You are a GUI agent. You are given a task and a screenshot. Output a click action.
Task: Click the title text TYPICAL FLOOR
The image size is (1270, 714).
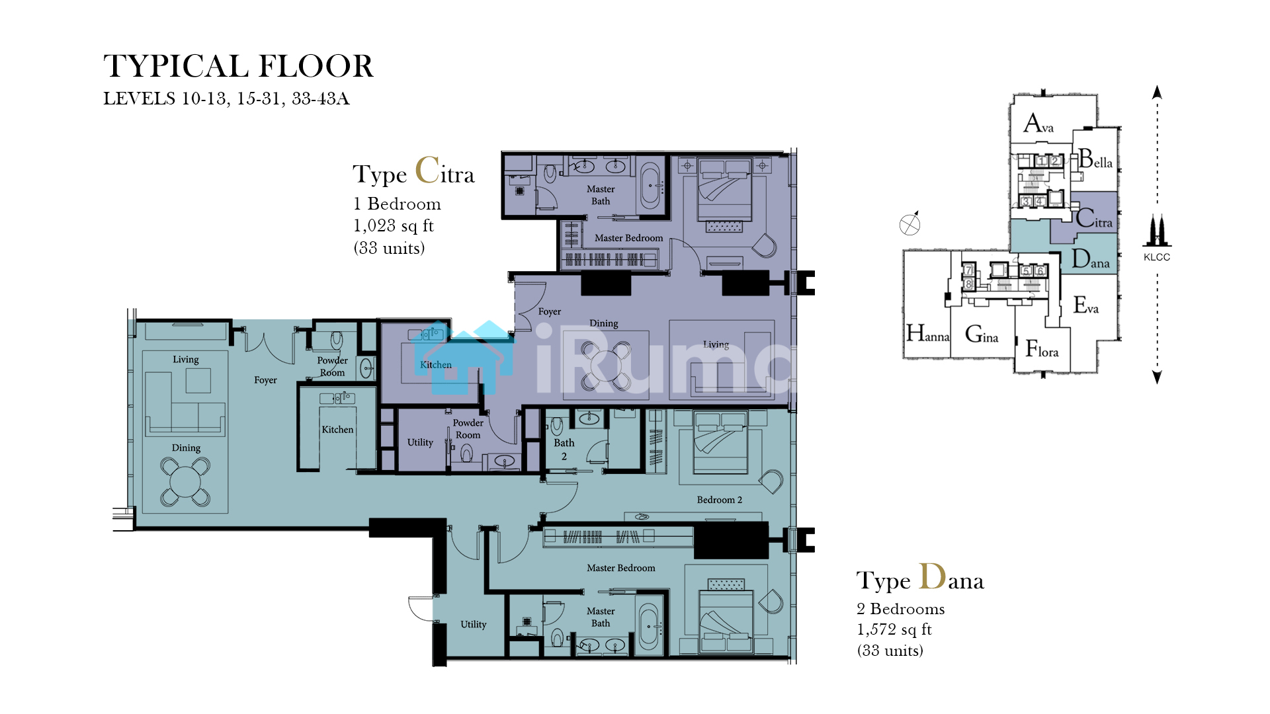[238, 66]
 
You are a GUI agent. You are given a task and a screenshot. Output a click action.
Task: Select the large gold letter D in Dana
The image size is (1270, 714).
[933, 576]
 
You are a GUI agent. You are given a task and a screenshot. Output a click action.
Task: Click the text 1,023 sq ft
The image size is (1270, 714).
[393, 226]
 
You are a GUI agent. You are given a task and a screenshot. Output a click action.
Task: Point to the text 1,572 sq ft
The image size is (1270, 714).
[894, 629]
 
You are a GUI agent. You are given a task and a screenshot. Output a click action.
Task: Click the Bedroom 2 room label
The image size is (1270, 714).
[720, 500]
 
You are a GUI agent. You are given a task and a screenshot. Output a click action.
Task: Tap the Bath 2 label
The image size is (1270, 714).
[564, 450]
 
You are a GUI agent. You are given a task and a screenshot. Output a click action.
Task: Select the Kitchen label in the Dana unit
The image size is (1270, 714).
[337, 430]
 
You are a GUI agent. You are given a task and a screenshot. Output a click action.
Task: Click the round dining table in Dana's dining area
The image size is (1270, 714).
[186, 482]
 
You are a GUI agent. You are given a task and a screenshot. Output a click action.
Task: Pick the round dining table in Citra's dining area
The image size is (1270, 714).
[605, 366]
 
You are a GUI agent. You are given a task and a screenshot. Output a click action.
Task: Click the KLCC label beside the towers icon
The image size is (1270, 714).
[1157, 257]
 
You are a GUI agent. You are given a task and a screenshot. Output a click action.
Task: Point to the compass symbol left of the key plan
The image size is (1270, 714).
[910, 224]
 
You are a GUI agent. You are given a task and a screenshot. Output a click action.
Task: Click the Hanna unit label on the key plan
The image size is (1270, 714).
[928, 333]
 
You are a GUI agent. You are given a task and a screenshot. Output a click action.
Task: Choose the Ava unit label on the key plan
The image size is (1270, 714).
[1038, 124]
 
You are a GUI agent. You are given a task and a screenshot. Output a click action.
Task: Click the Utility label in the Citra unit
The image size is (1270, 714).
[420, 442]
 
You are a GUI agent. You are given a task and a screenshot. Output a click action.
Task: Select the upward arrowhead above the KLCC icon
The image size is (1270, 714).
[1157, 92]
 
